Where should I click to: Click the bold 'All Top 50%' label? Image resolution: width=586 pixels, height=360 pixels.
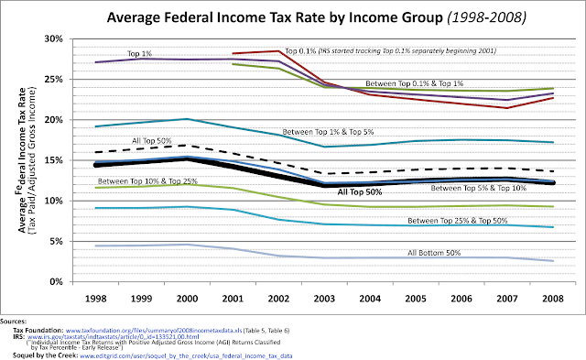pyautogui.click(x=362, y=192)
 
